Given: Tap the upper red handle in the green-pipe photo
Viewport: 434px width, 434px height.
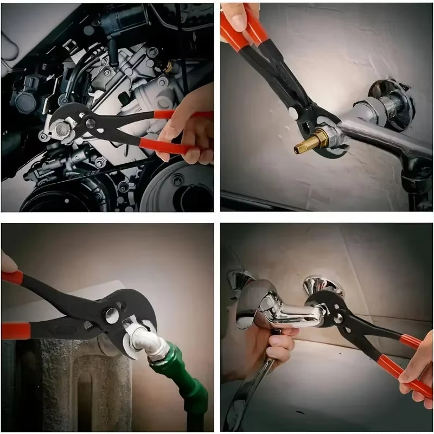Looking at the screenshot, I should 13,278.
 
